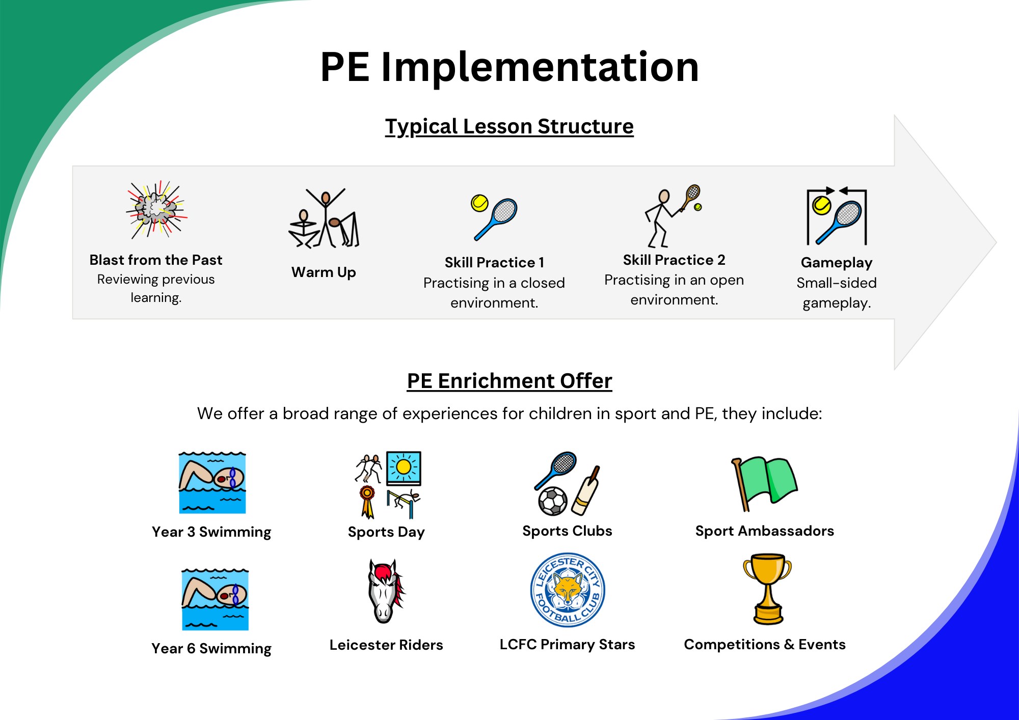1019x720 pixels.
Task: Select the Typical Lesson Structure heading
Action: [x=509, y=126]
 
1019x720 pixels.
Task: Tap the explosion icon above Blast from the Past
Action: [x=156, y=209]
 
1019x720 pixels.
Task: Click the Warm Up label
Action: [x=324, y=272]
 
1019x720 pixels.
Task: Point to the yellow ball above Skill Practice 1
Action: [x=479, y=203]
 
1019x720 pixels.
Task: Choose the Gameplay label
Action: [x=837, y=263]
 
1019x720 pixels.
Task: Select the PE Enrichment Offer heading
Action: [x=509, y=381]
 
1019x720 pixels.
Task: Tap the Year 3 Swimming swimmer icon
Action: [x=212, y=482]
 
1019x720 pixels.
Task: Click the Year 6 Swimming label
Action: [x=211, y=648]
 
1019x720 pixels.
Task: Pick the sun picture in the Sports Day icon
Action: [x=404, y=467]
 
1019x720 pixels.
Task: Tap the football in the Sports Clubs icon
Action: [x=553, y=501]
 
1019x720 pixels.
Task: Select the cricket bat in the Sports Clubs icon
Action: [x=586, y=490]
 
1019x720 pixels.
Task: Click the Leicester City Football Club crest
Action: [x=568, y=590]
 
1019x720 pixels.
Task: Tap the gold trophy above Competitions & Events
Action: [x=767, y=589]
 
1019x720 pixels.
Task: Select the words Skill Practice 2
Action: [x=674, y=260]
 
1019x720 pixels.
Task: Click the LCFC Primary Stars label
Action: [x=567, y=645]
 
